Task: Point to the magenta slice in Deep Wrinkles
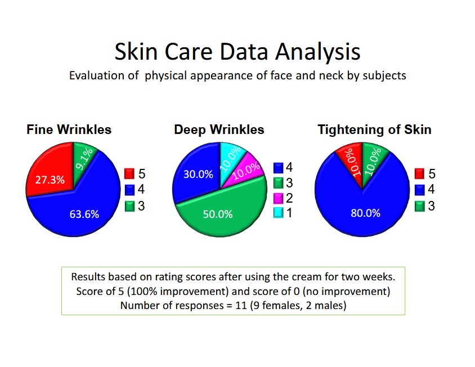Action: [249, 168]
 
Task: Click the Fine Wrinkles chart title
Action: [69, 129]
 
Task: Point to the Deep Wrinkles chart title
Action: [219, 129]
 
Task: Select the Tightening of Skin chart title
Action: [374, 129]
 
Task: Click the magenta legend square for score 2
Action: [279, 198]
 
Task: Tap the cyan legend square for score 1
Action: [279, 213]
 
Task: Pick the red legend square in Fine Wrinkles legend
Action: [129, 174]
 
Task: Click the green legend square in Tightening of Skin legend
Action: [420, 206]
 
